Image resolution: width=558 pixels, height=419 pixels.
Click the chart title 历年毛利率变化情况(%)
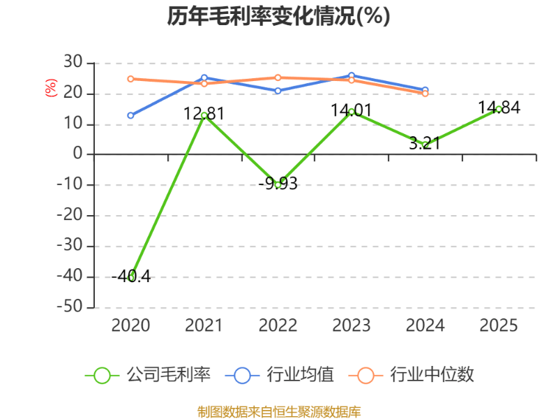[278, 16]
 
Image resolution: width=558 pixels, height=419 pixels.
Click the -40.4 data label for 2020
[130, 276]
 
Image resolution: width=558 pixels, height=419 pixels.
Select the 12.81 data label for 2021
[204, 112]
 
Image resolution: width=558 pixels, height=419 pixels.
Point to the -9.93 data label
[278, 184]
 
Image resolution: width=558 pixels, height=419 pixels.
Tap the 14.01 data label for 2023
[351, 110]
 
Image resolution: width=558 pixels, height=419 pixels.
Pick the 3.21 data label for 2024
[424, 143]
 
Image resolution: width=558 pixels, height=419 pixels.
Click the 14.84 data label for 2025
[499, 108]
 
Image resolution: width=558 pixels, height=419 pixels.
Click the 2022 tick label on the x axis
[278, 325]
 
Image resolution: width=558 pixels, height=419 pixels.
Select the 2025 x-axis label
[499, 325]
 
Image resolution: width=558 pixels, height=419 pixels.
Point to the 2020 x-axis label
[130, 325]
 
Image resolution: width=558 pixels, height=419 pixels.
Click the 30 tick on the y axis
[73, 63]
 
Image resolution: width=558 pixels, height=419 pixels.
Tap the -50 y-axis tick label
[70, 307]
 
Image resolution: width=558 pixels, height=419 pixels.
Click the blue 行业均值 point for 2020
[130, 115]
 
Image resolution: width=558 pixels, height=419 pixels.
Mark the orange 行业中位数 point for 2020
[130, 79]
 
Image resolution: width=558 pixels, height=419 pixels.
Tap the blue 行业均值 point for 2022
[278, 91]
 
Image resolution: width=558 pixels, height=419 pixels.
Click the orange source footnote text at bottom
[279, 411]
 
